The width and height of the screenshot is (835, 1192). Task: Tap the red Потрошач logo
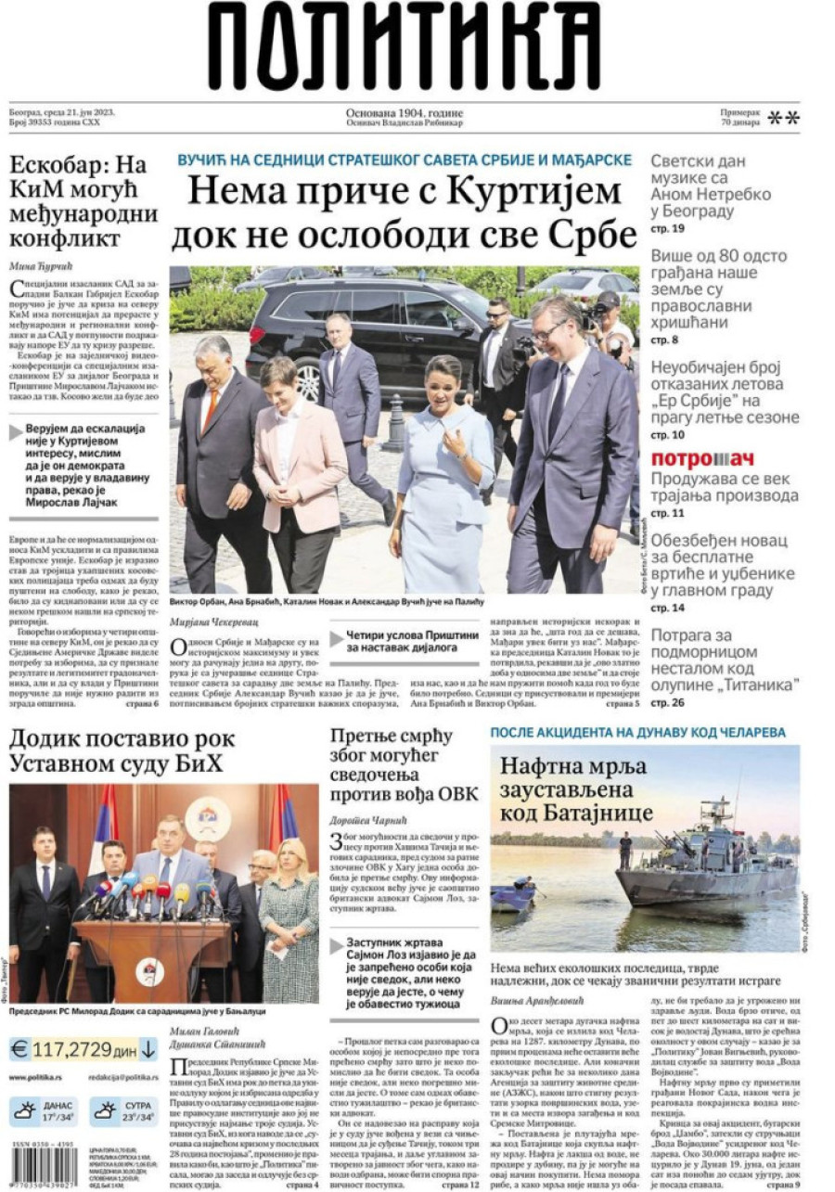coord(701,458)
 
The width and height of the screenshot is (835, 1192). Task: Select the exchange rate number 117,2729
coord(71,1049)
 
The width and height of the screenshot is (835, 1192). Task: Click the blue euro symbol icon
coord(19,1049)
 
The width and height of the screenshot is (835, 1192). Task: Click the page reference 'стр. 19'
coord(667,228)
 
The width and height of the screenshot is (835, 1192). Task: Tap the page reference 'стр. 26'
coord(667,702)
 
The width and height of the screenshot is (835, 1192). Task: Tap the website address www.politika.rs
coord(36,1077)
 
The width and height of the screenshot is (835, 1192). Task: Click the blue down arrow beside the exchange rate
coord(148,1049)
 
